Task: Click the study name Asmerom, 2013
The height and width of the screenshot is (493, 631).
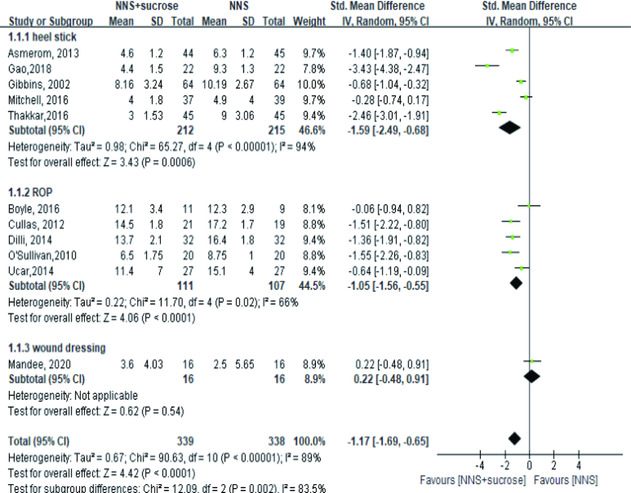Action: coord(43,53)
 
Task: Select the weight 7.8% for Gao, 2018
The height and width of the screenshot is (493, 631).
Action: coord(313,69)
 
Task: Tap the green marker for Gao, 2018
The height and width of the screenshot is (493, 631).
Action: coord(487,66)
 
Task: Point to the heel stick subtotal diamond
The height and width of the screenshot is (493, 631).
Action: coord(509,128)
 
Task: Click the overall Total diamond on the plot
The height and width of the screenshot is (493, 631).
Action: coord(514,439)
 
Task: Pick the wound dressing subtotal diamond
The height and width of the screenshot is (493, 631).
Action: coord(532,376)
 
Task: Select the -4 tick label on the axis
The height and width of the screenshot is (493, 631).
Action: coord(480,466)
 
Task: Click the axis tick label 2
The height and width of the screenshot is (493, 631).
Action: coord(554,466)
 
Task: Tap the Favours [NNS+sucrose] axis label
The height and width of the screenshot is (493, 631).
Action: coord(473,480)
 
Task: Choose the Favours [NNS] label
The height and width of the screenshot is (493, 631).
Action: coord(565,480)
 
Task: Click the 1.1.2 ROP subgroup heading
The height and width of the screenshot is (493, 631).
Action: coord(30,193)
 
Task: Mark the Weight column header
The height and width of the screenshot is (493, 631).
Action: coord(309,21)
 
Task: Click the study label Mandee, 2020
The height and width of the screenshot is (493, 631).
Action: coord(40,364)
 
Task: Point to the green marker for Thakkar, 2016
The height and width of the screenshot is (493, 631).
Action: coord(499,113)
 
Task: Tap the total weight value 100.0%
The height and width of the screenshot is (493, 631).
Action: coord(309,441)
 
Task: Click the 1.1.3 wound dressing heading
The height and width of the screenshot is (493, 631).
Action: coord(57,348)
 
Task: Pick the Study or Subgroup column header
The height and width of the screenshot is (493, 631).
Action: coord(50,21)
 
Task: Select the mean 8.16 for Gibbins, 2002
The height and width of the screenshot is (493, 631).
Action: coord(124,85)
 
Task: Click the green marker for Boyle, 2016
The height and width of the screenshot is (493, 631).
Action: coord(529,206)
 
